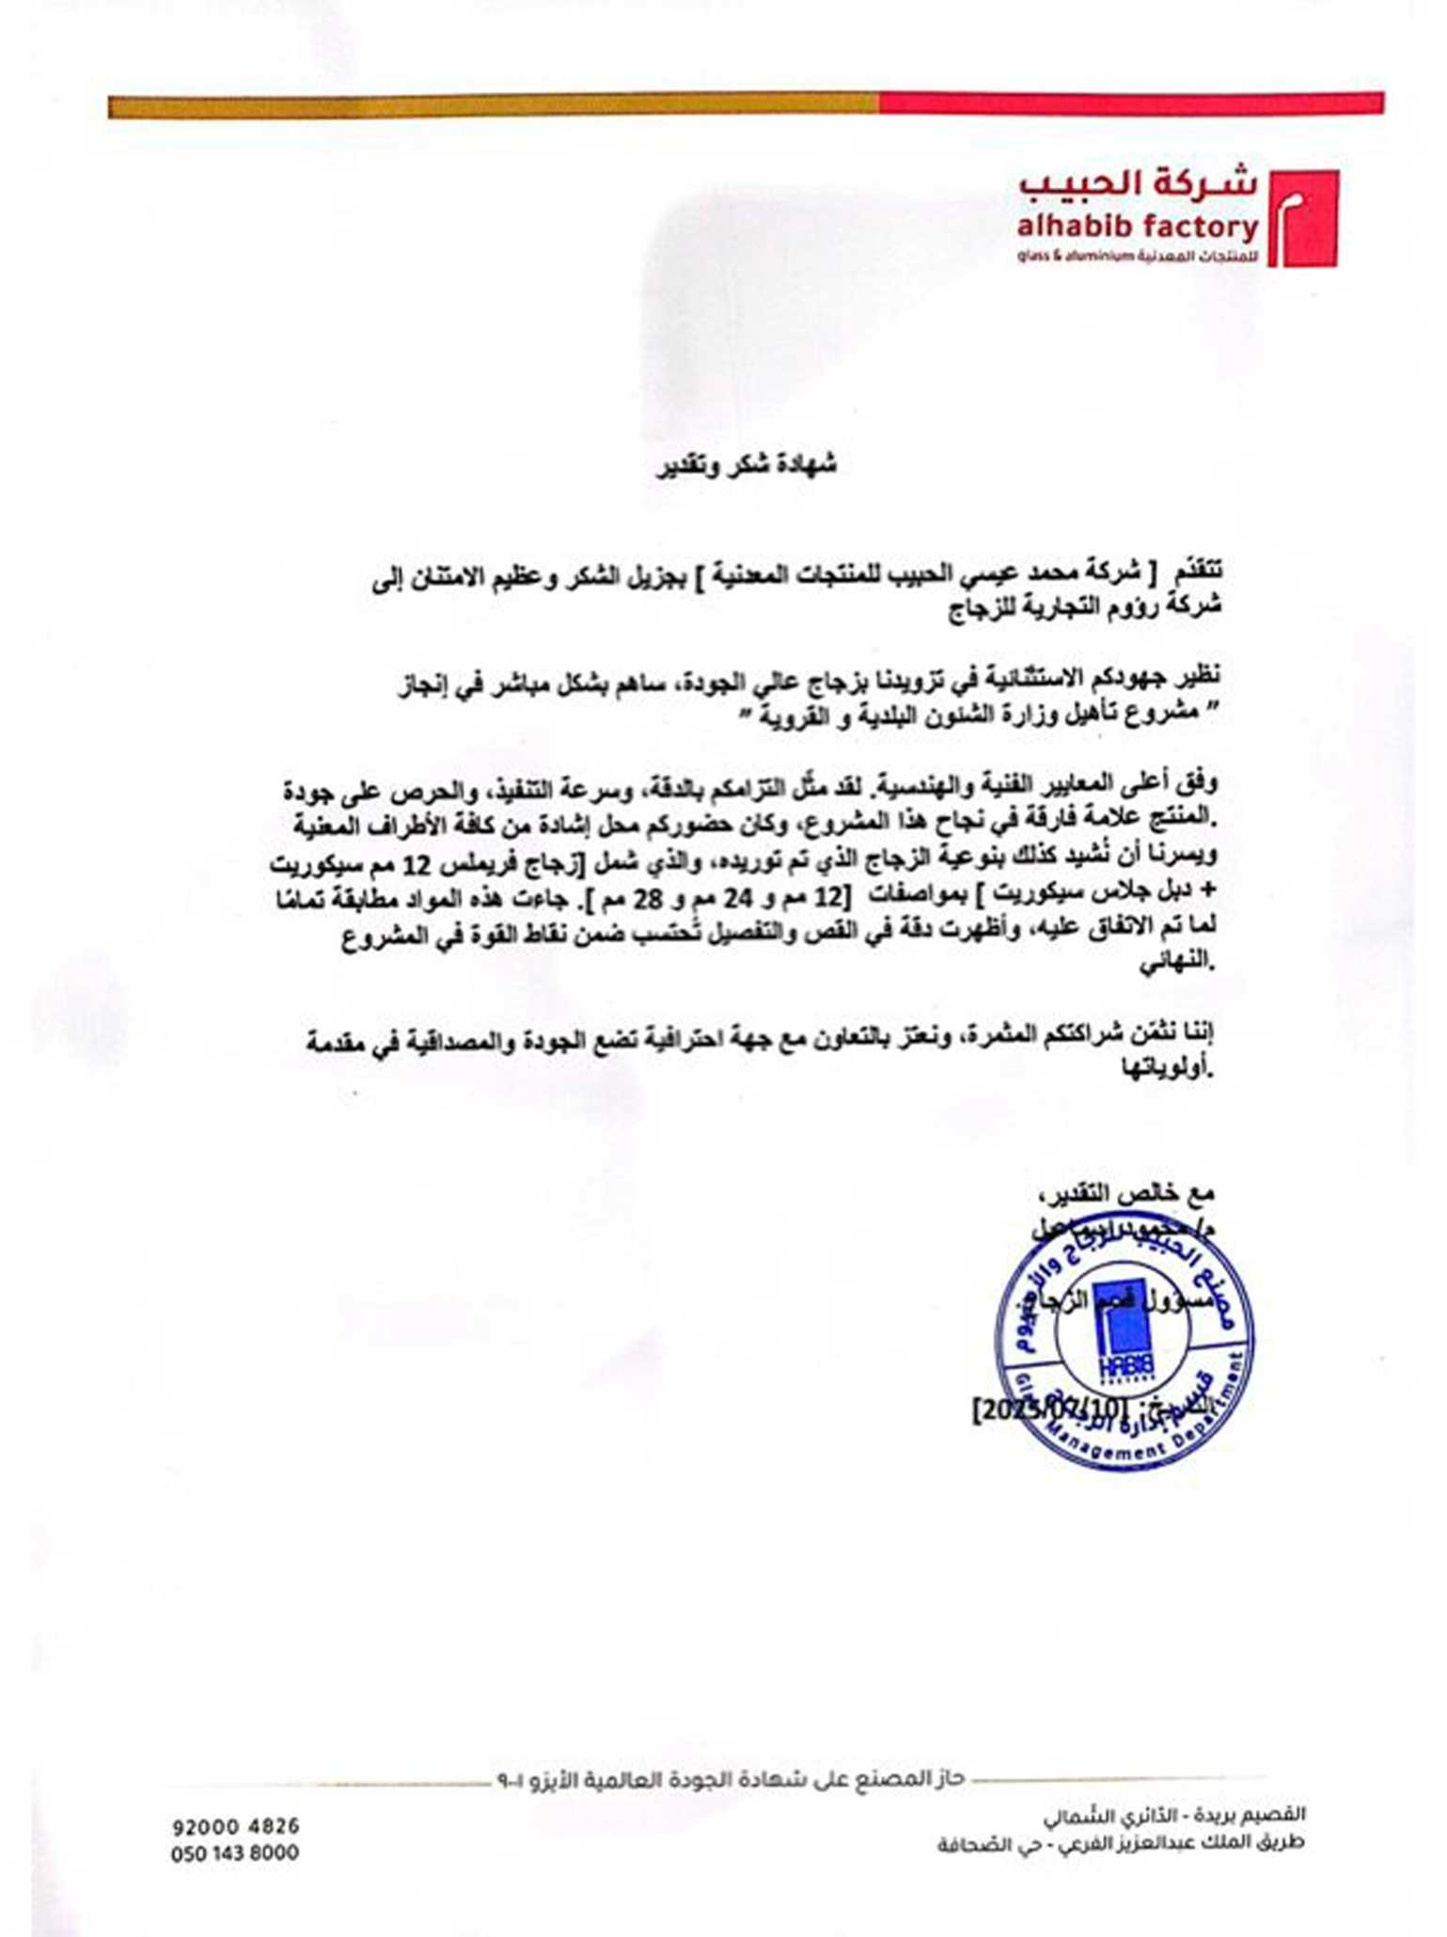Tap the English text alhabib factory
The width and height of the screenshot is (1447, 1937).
1137,228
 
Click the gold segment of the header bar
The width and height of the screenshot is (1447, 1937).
493,105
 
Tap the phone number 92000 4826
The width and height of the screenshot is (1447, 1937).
235,1826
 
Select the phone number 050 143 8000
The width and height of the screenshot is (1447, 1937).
235,1852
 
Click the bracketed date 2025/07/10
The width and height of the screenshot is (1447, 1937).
1048,1409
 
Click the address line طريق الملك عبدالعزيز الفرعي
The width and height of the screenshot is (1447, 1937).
1120,1845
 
